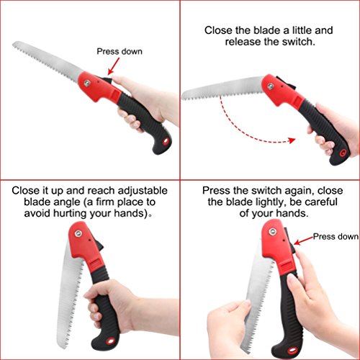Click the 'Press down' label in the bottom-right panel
336,235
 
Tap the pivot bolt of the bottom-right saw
271,233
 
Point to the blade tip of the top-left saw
15,48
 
